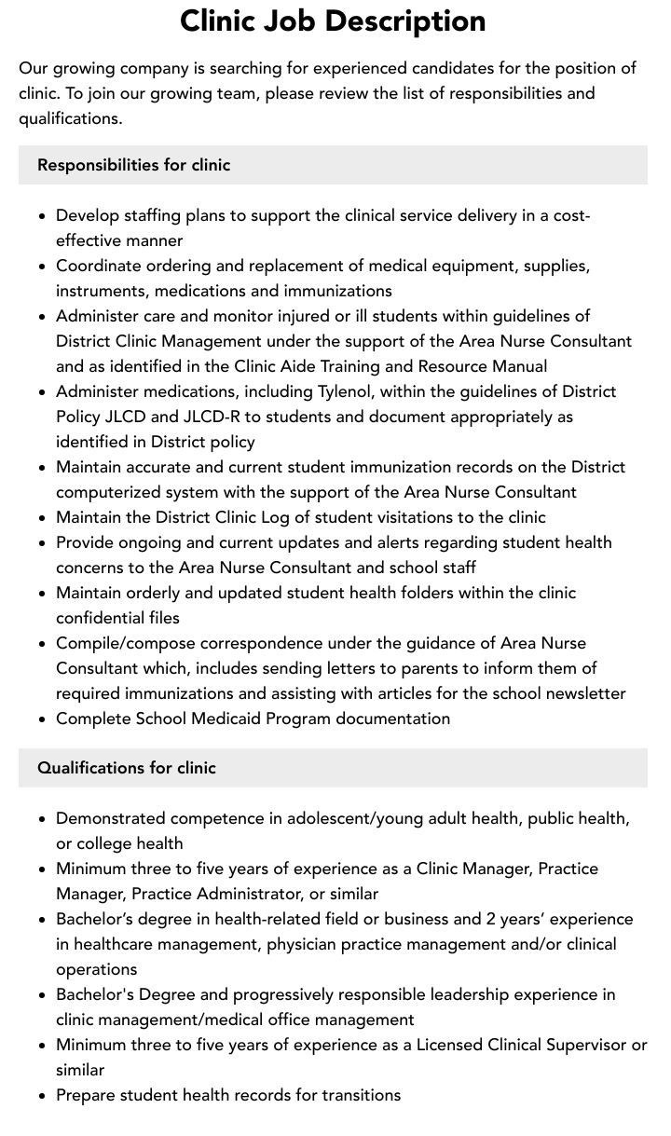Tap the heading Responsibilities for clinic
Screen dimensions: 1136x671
[133, 165]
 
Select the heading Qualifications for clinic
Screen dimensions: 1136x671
[127, 768]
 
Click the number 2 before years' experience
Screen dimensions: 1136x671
[491, 919]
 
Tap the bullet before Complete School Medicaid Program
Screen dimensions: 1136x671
[42, 719]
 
